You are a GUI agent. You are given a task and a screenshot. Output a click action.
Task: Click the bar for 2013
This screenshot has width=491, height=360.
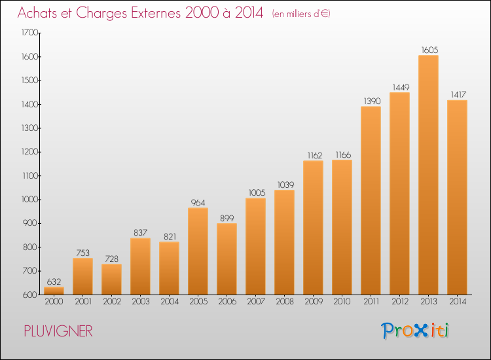(428, 175)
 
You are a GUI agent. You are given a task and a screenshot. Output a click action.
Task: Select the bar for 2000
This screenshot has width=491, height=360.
(54, 291)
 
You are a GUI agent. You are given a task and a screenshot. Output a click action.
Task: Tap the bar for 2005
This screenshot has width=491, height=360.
(198, 251)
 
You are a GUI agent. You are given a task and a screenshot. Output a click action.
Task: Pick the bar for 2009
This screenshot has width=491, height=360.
(313, 228)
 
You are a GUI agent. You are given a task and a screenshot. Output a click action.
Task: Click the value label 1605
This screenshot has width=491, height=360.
(429, 50)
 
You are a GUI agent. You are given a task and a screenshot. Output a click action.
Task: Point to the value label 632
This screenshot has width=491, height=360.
(54, 281)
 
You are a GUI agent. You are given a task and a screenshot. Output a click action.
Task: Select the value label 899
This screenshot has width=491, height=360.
(227, 218)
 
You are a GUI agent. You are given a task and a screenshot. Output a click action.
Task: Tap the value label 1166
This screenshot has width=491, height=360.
(343, 155)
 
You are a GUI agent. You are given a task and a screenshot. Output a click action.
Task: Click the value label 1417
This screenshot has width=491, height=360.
(458, 94)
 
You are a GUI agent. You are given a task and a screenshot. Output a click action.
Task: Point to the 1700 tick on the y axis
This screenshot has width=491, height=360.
(29, 33)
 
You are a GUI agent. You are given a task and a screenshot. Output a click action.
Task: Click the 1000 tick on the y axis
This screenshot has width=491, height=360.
(29, 200)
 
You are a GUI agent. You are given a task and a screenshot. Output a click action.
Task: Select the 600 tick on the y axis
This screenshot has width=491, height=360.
(30, 295)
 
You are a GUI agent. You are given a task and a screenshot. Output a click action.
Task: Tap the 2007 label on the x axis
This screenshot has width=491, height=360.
(256, 302)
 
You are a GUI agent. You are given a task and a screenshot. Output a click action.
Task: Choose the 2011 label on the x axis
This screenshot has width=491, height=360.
(371, 302)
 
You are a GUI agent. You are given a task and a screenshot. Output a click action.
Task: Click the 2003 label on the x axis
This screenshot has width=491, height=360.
(141, 302)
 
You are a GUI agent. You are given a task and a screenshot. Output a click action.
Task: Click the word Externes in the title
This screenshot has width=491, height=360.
(156, 13)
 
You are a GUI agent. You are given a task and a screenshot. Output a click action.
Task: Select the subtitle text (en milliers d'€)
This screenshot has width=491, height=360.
(301, 14)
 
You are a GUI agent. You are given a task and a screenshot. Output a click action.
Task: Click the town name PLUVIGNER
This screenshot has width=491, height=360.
(58, 331)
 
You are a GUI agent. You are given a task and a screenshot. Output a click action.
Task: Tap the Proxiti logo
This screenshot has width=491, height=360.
(415, 331)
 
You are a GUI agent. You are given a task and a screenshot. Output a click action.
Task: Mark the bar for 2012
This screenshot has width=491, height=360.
(399, 194)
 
